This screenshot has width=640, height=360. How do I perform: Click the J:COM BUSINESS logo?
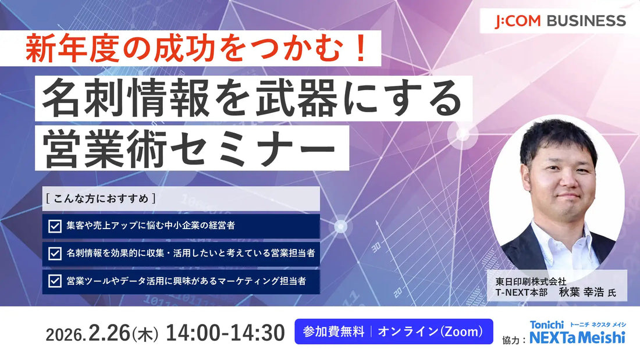click(560, 22)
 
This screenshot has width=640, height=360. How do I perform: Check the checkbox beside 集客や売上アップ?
click(55, 226)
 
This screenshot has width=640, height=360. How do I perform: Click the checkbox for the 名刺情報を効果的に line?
click(55, 254)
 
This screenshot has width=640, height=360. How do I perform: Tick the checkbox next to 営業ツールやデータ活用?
click(55, 281)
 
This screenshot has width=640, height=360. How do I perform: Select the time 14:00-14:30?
click(225, 333)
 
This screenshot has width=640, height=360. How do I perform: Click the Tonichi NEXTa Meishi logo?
click(577, 332)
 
